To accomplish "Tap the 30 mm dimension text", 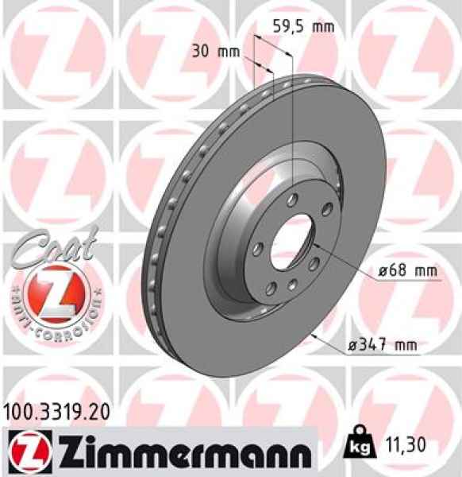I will coord(216,52).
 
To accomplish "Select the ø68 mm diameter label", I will coord(407,271).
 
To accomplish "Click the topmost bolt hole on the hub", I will coord(295,199).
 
